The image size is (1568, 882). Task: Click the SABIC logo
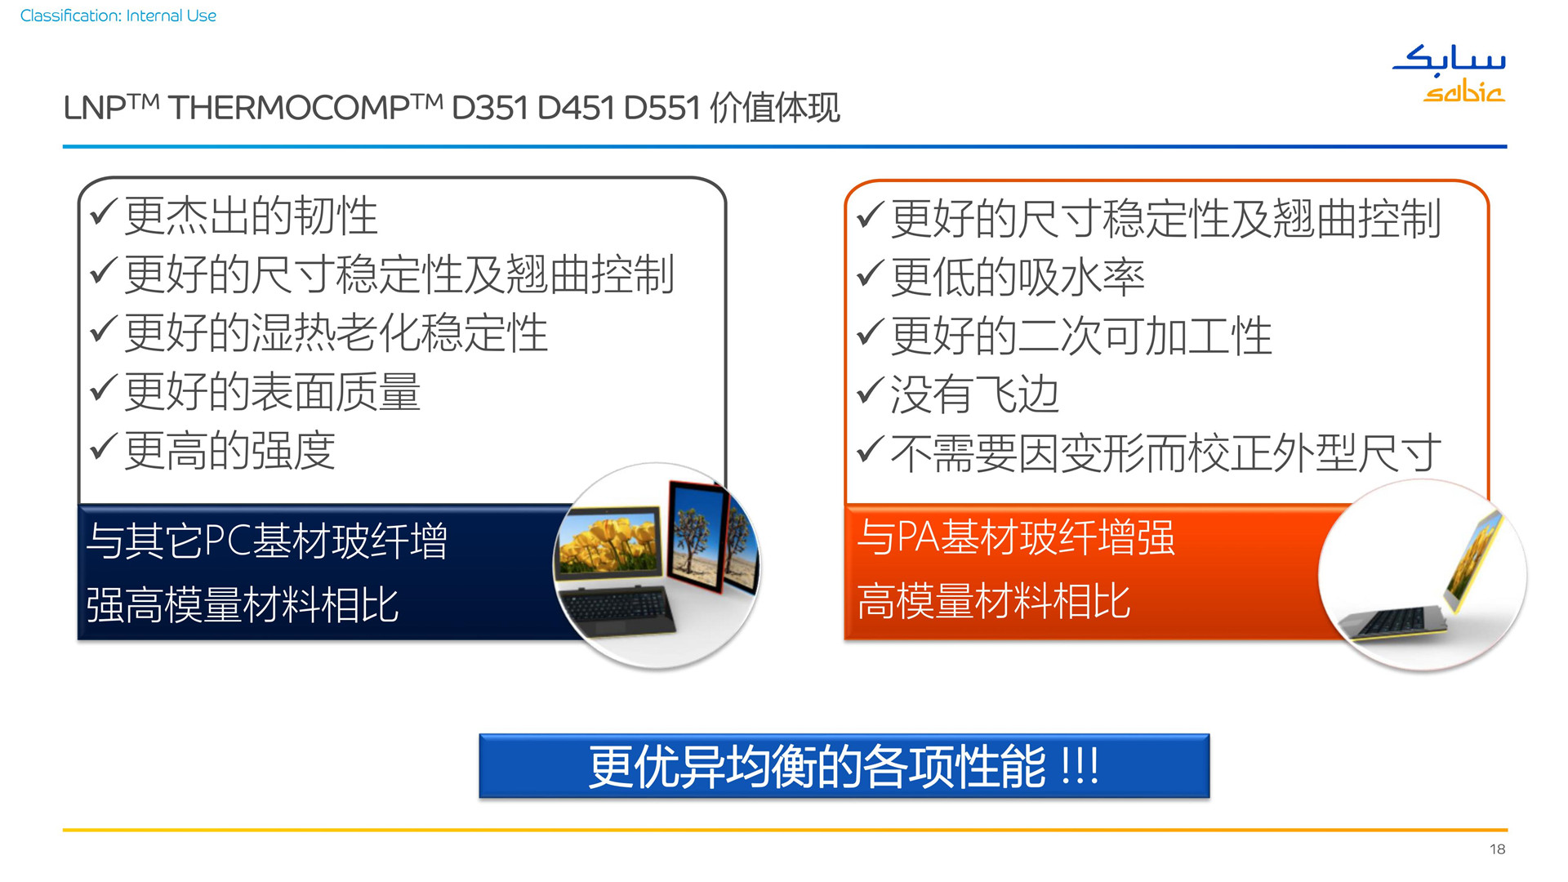[1450, 73]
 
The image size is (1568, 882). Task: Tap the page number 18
[1497, 849]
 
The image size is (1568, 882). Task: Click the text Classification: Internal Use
[118, 16]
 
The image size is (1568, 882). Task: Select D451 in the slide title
[576, 108]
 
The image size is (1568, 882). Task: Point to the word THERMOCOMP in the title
[289, 108]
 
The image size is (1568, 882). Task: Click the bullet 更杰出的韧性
[250, 216]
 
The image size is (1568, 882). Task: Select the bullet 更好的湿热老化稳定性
[336, 333]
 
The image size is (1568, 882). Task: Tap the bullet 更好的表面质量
[272, 392]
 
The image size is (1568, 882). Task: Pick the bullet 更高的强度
[229, 451]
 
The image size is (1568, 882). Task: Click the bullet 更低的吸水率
[1018, 278]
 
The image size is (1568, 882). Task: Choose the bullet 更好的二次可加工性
[1081, 336]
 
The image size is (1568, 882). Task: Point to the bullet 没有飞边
[975, 395]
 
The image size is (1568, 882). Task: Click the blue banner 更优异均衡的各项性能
[844, 766]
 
